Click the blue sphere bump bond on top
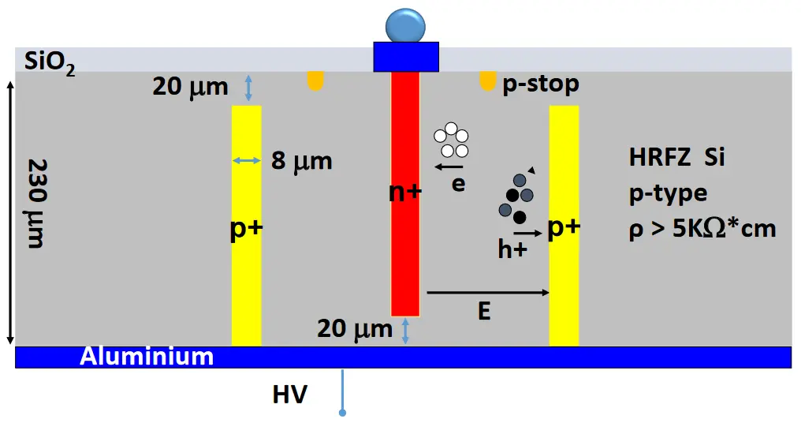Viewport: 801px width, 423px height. coord(405,26)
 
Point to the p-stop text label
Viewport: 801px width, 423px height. coord(541,84)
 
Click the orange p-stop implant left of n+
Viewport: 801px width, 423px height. coord(315,80)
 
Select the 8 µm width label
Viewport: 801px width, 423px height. coord(301,163)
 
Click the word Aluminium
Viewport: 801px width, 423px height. coord(147,357)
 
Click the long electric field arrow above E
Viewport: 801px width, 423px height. coord(487,293)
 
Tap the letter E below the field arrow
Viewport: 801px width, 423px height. coord(484,312)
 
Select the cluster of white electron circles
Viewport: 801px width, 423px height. coord(450,140)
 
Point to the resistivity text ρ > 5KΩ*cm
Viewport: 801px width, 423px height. coord(703,229)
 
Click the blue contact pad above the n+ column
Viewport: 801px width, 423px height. coord(405,56)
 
